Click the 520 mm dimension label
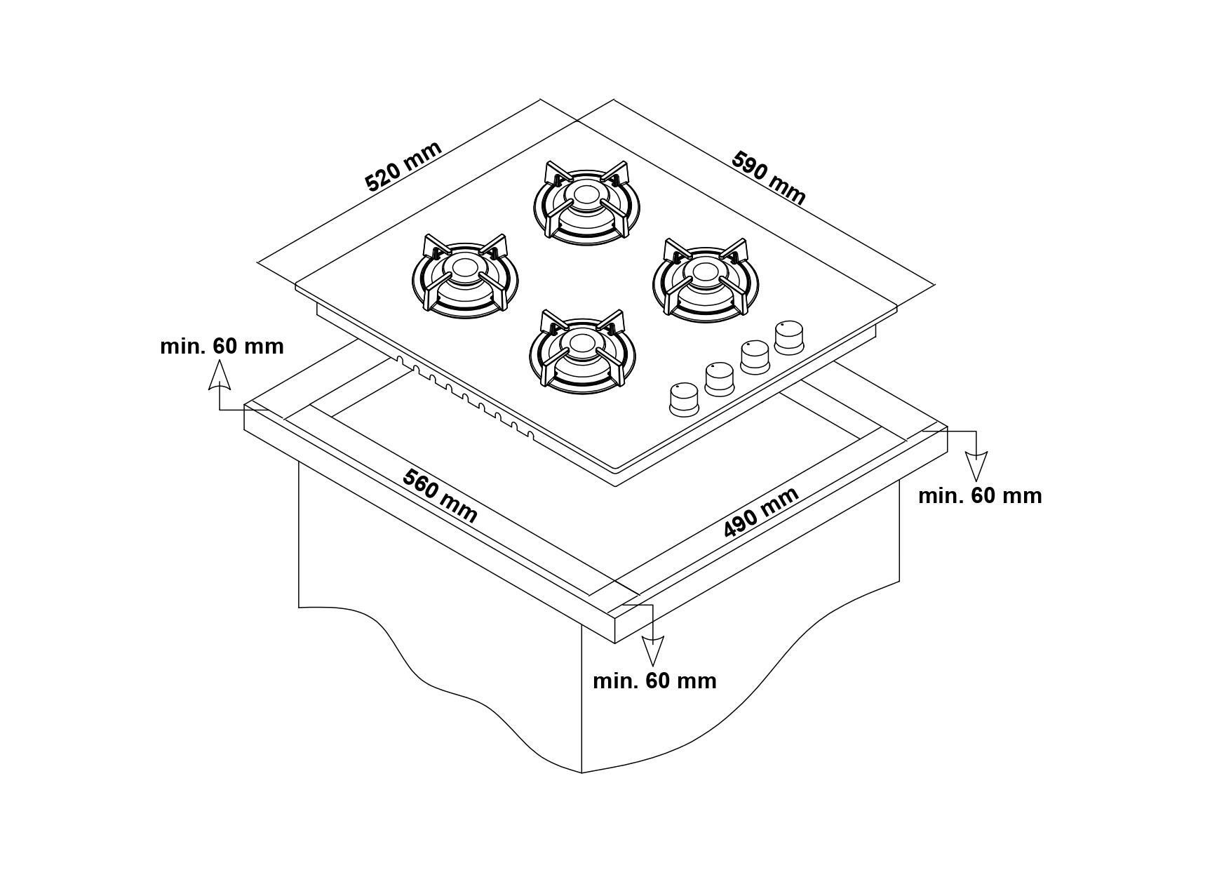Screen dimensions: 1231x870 (x=404, y=166)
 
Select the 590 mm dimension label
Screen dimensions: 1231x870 (x=769, y=178)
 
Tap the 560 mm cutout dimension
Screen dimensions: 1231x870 (x=440, y=496)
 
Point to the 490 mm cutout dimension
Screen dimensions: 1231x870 (x=761, y=512)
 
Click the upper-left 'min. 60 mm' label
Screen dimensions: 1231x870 (x=222, y=346)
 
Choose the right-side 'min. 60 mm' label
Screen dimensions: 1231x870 (x=980, y=495)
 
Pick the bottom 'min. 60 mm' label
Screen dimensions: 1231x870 (x=654, y=681)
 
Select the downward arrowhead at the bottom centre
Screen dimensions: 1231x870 (x=652, y=651)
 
